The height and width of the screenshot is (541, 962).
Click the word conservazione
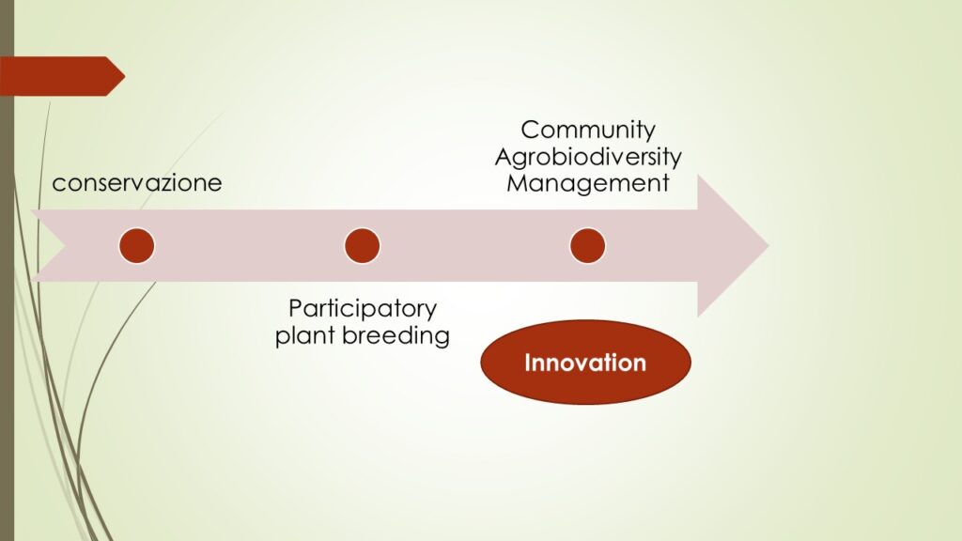click(137, 183)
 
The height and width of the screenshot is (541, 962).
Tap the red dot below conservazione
click(137, 246)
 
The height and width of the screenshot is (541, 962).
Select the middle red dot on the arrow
click(362, 246)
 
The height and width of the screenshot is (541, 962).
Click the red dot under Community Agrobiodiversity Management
click(588, 246)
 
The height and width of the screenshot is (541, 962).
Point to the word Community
click(588, 131)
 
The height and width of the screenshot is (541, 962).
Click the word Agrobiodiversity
click(588, 157)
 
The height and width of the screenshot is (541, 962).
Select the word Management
click(588, 183)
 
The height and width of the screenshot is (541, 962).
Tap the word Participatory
click(362, 309)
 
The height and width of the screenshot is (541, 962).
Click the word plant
click(305, 335)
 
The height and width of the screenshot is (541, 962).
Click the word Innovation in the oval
click(585, 363)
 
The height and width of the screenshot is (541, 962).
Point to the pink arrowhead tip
click(768, 246)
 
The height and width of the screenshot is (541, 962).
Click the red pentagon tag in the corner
click(61, 76)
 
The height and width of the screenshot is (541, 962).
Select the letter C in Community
click(529, 130)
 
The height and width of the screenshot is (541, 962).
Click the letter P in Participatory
click(295, 308)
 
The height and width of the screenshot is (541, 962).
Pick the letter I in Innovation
click(527, 363)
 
